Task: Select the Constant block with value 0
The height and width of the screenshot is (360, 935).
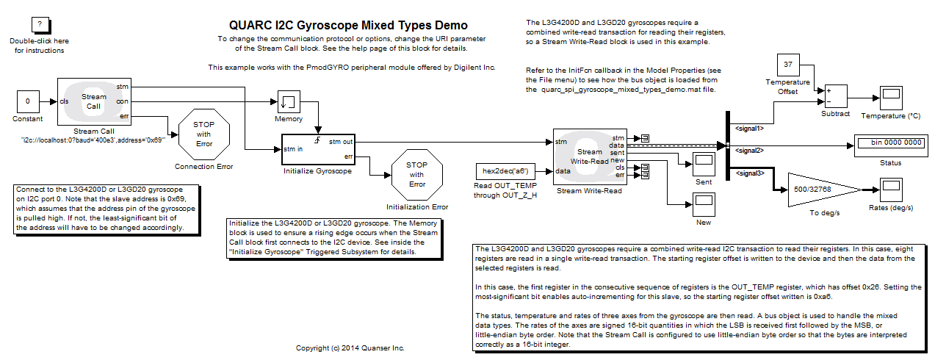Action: pyautogui.click(x=28, y=101)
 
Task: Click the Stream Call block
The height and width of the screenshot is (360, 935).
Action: pyautogui.click(x=94, y=101)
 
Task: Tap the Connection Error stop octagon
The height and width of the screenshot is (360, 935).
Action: pyautogui.click(x=203, y=134)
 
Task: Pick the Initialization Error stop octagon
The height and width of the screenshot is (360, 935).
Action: pyautogui.click(x=416, y=174)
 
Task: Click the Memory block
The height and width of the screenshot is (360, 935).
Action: pyautogui.click(x=289, y=101)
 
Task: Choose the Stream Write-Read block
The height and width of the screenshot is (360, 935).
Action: pyautogui.click(x=589, y=156)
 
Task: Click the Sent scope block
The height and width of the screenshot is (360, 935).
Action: pyautogui.click(x=703, y=163)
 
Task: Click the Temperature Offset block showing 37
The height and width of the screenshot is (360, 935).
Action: pyautogui.click(x=787, y=65)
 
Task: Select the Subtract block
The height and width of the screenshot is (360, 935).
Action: pyautogui.click(x=835, y=96)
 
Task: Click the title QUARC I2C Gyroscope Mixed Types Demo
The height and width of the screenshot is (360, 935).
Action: pyautogui.click(x=347, y=26)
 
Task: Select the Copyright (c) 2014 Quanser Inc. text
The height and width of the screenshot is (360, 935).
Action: pyautogui.click(x=350, y=348)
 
